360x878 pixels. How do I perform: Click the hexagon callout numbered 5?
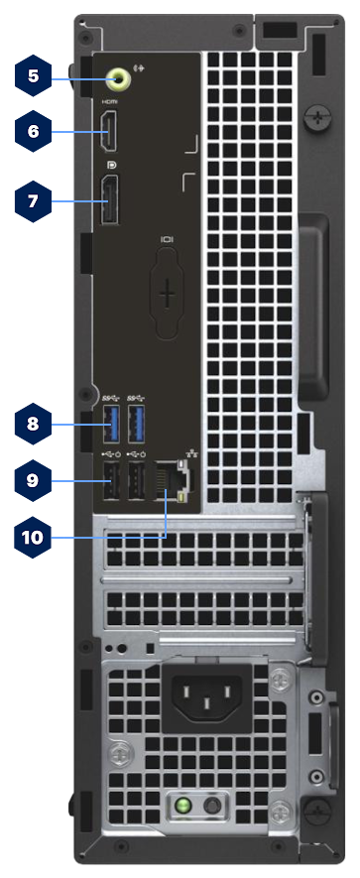click(x=33, y=75)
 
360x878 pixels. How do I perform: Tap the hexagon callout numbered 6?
click(x=33, y=132)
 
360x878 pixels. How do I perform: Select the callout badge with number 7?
click(x=33, y=201)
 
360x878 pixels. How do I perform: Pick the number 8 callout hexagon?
click(x=33, y=424)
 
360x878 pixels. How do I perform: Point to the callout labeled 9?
click(x=33, y=480)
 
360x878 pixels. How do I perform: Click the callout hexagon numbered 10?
click(x=33, y=538)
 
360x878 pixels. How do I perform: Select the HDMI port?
click(x=109, y=131)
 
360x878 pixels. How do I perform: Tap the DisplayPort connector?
click(x=110, y=200)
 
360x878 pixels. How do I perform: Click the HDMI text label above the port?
click(x=108, y=102)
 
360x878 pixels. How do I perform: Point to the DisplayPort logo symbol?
click(x=111, y=166)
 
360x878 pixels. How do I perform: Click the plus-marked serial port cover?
click(x=167, y=294)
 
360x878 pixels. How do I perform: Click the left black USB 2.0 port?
click(x=111, y=480)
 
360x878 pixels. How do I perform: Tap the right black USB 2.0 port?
click(x=136, y=480)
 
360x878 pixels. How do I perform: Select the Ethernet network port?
click(x=171, y=480)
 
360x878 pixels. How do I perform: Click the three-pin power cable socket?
click(x=207, y=696)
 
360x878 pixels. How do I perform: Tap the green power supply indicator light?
click(x=182, y=807)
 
